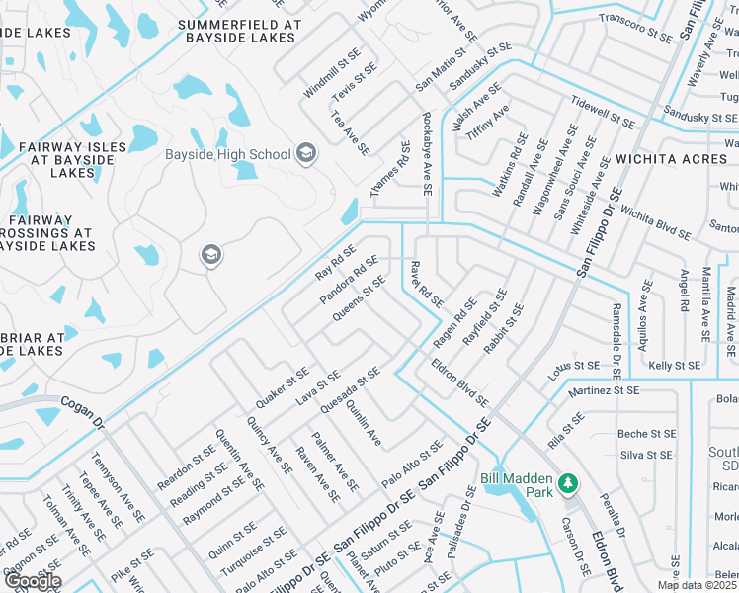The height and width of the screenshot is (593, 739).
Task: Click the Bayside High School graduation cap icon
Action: (x=306, y=153)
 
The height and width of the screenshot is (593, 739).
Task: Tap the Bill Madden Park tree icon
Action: (x=567, y=483)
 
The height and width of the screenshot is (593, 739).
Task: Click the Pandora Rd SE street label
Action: (x=349, y=280)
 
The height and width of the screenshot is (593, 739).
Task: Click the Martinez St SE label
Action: (x=604, y=391)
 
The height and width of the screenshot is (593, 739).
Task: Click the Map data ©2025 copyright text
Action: (x=698, y=585)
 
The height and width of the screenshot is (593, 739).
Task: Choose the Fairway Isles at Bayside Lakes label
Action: (x=72, y=159)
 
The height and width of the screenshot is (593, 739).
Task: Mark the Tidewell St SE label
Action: (x=603, y=113)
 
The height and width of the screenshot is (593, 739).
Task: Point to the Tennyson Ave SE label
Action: (x=119, y=487)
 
